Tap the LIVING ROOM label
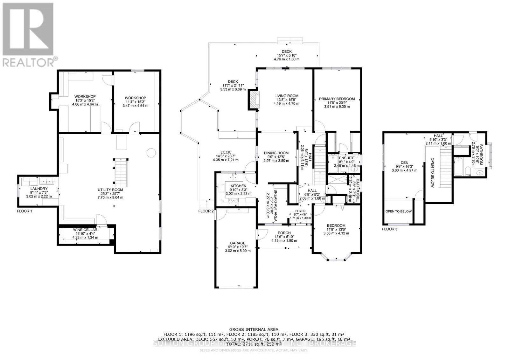pyautogui.click(x=286, y=96)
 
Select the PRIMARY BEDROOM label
pyautogui.click(x=337, y=99)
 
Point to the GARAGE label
pyautogui.click(x=238, y=243)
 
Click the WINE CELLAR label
pyautogui.click(x=85, y=230)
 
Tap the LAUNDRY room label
pyautogui.click(x=39, y=189)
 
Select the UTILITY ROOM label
pyautogui.click(x=110, y=190)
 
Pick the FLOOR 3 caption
pyautogui.click(x=389, y=229)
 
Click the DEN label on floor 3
pyautogui.click(x=404, y=163)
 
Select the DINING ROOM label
pyautogui.click(x=276, y=153)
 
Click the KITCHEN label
pyautogui.click(x=238, y=186)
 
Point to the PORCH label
pyautogui.click(x=284, y=233)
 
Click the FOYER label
pyautogui.click(x=300, y=211)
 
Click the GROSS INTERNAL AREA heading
pyautogui.click(x=254, y=329)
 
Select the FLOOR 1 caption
pyautogui.click(x=24, y=211)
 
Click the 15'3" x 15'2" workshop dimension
pyautogui.click(x=85, y=100)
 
